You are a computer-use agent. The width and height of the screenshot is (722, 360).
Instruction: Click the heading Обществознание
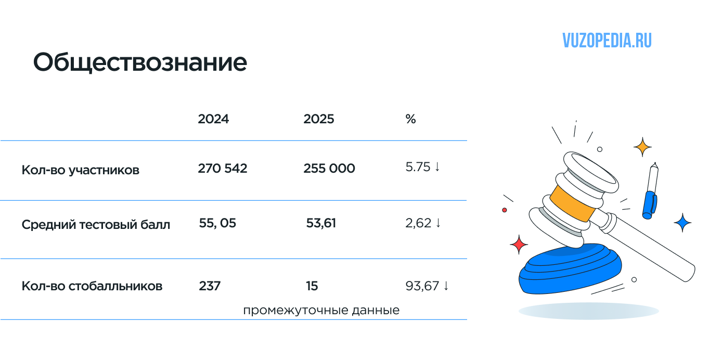pyautogui.click(x=140, y=62)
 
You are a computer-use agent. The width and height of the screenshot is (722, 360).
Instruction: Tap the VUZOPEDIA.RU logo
pyautogui.click(x=607, y=41)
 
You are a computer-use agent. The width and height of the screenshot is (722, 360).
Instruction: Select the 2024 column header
pyautogui.click(x=213, y=119)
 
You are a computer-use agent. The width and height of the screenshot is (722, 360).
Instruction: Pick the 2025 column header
pyautogui.click(x=318, y=119)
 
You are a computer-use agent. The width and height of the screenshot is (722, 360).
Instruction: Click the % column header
pyautogui.click(x=410, y=119)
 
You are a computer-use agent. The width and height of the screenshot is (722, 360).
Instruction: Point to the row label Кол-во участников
pyautogui.click(x=80, y=170)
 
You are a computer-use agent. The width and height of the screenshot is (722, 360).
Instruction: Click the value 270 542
pyautogui.click(x=223, y=168)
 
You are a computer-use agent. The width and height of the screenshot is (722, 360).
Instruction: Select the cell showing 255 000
pyautogui.click(x=329, y=168)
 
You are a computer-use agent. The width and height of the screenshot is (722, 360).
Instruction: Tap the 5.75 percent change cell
pyautogui.click(x=422, y=167)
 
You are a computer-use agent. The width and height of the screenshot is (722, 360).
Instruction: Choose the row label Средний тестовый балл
pyautogui.click(x=96, y=225)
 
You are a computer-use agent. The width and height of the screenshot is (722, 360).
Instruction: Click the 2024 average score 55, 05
pyautogui.click(x=217, y=223)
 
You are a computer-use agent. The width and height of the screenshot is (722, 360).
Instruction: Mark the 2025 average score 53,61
pyautogui.click(x=321, y=223)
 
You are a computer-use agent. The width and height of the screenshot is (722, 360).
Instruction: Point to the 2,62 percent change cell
pyautogui.click(x=423, y=223)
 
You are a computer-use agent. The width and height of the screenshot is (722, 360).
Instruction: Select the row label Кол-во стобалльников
pyautogui.click(x=92, y=286)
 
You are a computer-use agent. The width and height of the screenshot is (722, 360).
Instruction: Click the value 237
pyautogui.click(x=210, y=286)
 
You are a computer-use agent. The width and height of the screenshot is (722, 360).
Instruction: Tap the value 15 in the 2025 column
pyautogui.click(x=312, y=286)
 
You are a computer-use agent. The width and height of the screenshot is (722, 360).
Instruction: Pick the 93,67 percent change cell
pyautogui.click(x=427, y=286)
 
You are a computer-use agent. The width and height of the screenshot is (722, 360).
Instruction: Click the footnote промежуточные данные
pyautogui.click(x=321, y=311)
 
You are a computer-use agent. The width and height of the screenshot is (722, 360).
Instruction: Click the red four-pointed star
pyautogui.click(x=519, y=245)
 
